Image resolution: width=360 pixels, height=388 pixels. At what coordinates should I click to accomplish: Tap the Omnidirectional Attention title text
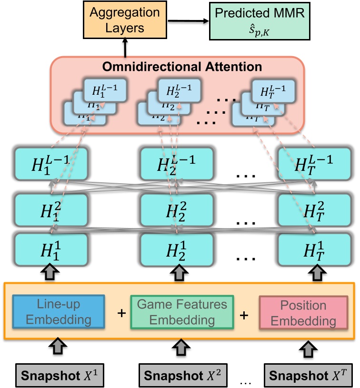coord(180,67)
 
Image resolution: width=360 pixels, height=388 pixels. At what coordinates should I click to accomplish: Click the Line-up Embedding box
coord(58,312)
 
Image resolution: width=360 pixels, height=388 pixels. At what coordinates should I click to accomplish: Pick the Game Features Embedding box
coord(181,312)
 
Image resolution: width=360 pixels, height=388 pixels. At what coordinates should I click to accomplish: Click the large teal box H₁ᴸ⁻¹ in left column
coord(51,163)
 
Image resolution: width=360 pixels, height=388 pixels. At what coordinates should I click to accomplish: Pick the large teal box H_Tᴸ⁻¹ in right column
coord(315,163)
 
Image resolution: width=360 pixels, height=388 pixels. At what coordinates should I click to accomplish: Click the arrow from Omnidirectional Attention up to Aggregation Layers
coord(125,48)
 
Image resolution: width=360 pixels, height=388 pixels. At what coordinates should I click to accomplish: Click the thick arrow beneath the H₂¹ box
coord(177,273)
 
